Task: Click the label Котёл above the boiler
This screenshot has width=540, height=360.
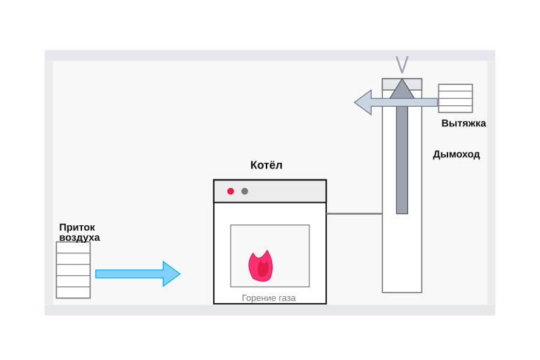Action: click(x=266, y=165)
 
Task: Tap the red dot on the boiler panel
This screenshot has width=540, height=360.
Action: click(x=231, y=191)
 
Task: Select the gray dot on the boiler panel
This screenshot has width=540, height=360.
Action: click(x=245, y=191)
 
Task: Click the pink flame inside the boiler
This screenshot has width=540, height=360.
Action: click(x=261, y=265)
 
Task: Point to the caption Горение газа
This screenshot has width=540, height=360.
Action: click(x=269, y=298)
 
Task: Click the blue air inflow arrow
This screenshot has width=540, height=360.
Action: click(x=137, y=274)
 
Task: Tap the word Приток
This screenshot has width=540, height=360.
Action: click(x=77, y=227)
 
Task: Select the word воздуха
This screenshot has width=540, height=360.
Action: click(x=79, y=237)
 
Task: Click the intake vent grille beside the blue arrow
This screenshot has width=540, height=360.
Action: click(x=74, y=269)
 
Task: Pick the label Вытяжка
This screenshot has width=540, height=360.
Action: click(x=464, y=123)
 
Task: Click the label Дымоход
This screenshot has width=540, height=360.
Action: click(x=457, y=154)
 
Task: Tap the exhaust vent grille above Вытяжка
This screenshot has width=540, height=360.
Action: click(x=455, y=98)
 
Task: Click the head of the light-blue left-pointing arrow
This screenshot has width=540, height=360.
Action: click(x=363, y=102)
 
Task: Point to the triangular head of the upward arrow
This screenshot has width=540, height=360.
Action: click(x=402, y=89)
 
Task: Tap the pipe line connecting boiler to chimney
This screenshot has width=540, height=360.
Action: click(x=354, y=213)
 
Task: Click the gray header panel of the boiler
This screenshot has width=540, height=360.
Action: click(x=270, y=191)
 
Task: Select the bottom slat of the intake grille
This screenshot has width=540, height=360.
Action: click(x=74, y=293)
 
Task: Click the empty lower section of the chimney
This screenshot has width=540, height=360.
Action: click(x=402, y=253)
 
